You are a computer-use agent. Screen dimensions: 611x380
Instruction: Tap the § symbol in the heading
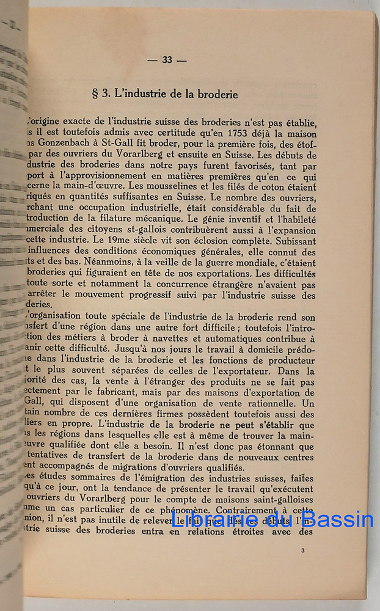pyautogui.click(x=95, y=95)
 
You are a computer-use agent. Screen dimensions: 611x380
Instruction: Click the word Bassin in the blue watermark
pyautogui.click(x=337, y=521)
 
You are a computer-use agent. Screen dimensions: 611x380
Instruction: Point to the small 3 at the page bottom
pyautogui.click(x=303, y=551)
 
